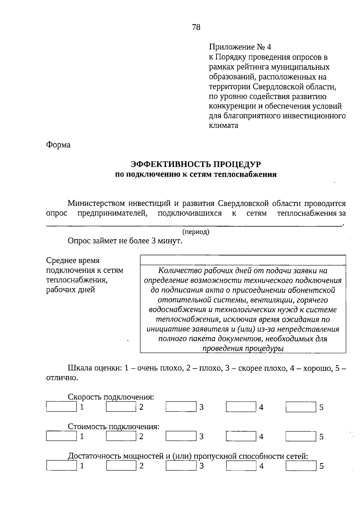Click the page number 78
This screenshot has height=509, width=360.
click(x=196, y=27)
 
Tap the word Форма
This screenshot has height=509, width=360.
click(x=58, y=145)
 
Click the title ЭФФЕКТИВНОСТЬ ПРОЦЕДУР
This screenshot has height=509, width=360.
click(x=196, y=164)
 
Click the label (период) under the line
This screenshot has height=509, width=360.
click(x=196, y=232)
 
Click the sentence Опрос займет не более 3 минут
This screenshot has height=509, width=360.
click(x=125, y=241)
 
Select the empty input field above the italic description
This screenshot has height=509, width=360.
click(x=243, y=260)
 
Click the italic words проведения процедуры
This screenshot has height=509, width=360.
click(x=243, y=348)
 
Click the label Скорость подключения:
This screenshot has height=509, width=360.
click(x=111, y=397)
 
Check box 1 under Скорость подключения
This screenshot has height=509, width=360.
click(x=61, y=407)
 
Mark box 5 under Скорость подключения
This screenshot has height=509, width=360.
click(x=301, y=407)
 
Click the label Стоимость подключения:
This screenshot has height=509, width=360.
click(x=113, y=426)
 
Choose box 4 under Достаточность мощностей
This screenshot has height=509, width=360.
click(x=241, y=466)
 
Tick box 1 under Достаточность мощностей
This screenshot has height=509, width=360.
click(x=61, y=466)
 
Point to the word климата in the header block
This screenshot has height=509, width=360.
click(x=223, y=125)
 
